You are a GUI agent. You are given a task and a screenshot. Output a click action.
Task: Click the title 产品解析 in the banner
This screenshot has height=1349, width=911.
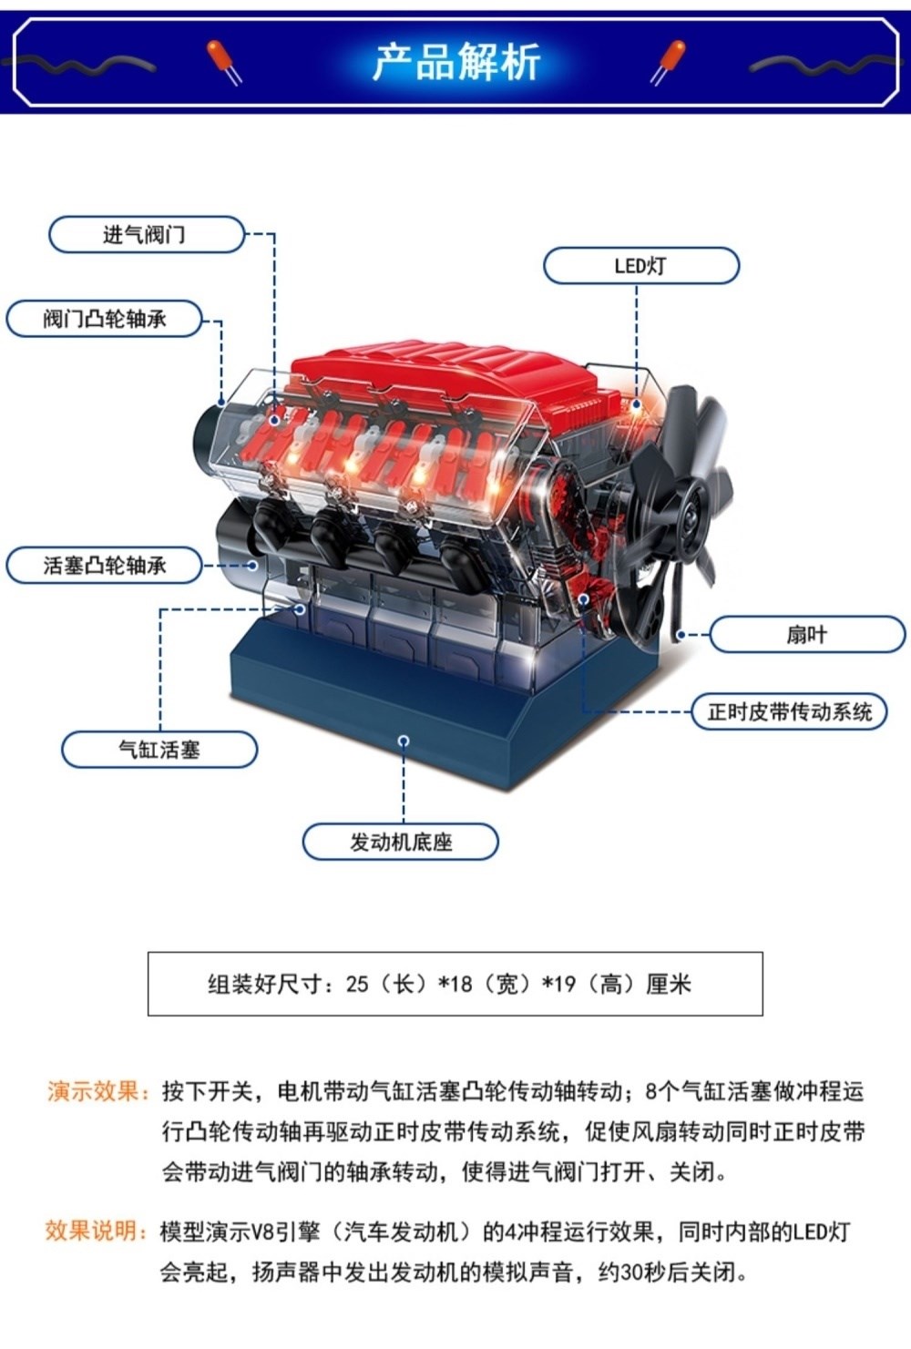coord(456,61)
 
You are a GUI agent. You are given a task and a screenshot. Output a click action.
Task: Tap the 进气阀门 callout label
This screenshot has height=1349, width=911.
coord(147,234)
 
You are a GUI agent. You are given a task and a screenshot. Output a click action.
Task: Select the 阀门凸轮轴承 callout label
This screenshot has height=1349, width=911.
coord(104,319)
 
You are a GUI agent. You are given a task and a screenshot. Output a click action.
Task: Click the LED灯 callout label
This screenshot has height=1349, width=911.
coord(641,266)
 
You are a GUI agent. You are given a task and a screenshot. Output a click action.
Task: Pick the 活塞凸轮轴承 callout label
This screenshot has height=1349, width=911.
coord(104,565)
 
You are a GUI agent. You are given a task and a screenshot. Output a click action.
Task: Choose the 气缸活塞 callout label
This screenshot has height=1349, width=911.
coord(159,750)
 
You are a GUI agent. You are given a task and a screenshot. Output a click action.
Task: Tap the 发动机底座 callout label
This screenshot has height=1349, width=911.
coord(401,842)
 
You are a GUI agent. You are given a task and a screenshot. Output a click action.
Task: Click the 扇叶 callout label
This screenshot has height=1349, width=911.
coord(807,634)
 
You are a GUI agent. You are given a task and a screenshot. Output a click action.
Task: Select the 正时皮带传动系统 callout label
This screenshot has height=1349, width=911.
coord(789,711)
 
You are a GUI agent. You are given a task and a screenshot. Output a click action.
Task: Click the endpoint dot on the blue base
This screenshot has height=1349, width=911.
coord(404,741)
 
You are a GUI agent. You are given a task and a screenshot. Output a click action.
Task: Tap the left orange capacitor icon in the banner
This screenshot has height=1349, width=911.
coord(223,61)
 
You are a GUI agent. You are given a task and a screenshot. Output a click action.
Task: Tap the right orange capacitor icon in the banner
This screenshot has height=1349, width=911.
coord(668,61)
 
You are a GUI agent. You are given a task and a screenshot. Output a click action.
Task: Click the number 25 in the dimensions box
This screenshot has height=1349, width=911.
coord(357,984)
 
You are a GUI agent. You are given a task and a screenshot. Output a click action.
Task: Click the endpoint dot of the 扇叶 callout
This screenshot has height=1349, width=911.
coord(681,634)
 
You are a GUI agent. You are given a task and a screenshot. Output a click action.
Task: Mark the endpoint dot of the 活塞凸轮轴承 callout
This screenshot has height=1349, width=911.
coord(253,565)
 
